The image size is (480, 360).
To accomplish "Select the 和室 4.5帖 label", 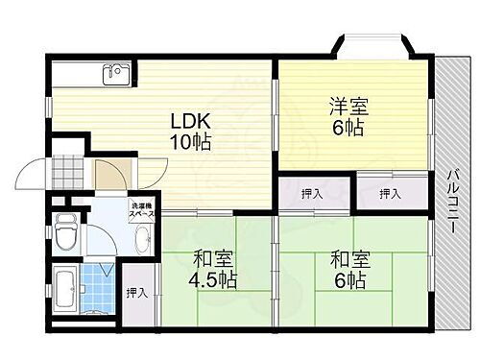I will point(213,270).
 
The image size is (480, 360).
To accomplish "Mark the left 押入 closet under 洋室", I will point(311,194).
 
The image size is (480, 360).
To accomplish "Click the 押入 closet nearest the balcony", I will point(390,194).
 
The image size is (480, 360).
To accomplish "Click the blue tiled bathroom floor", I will point(99,283).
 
